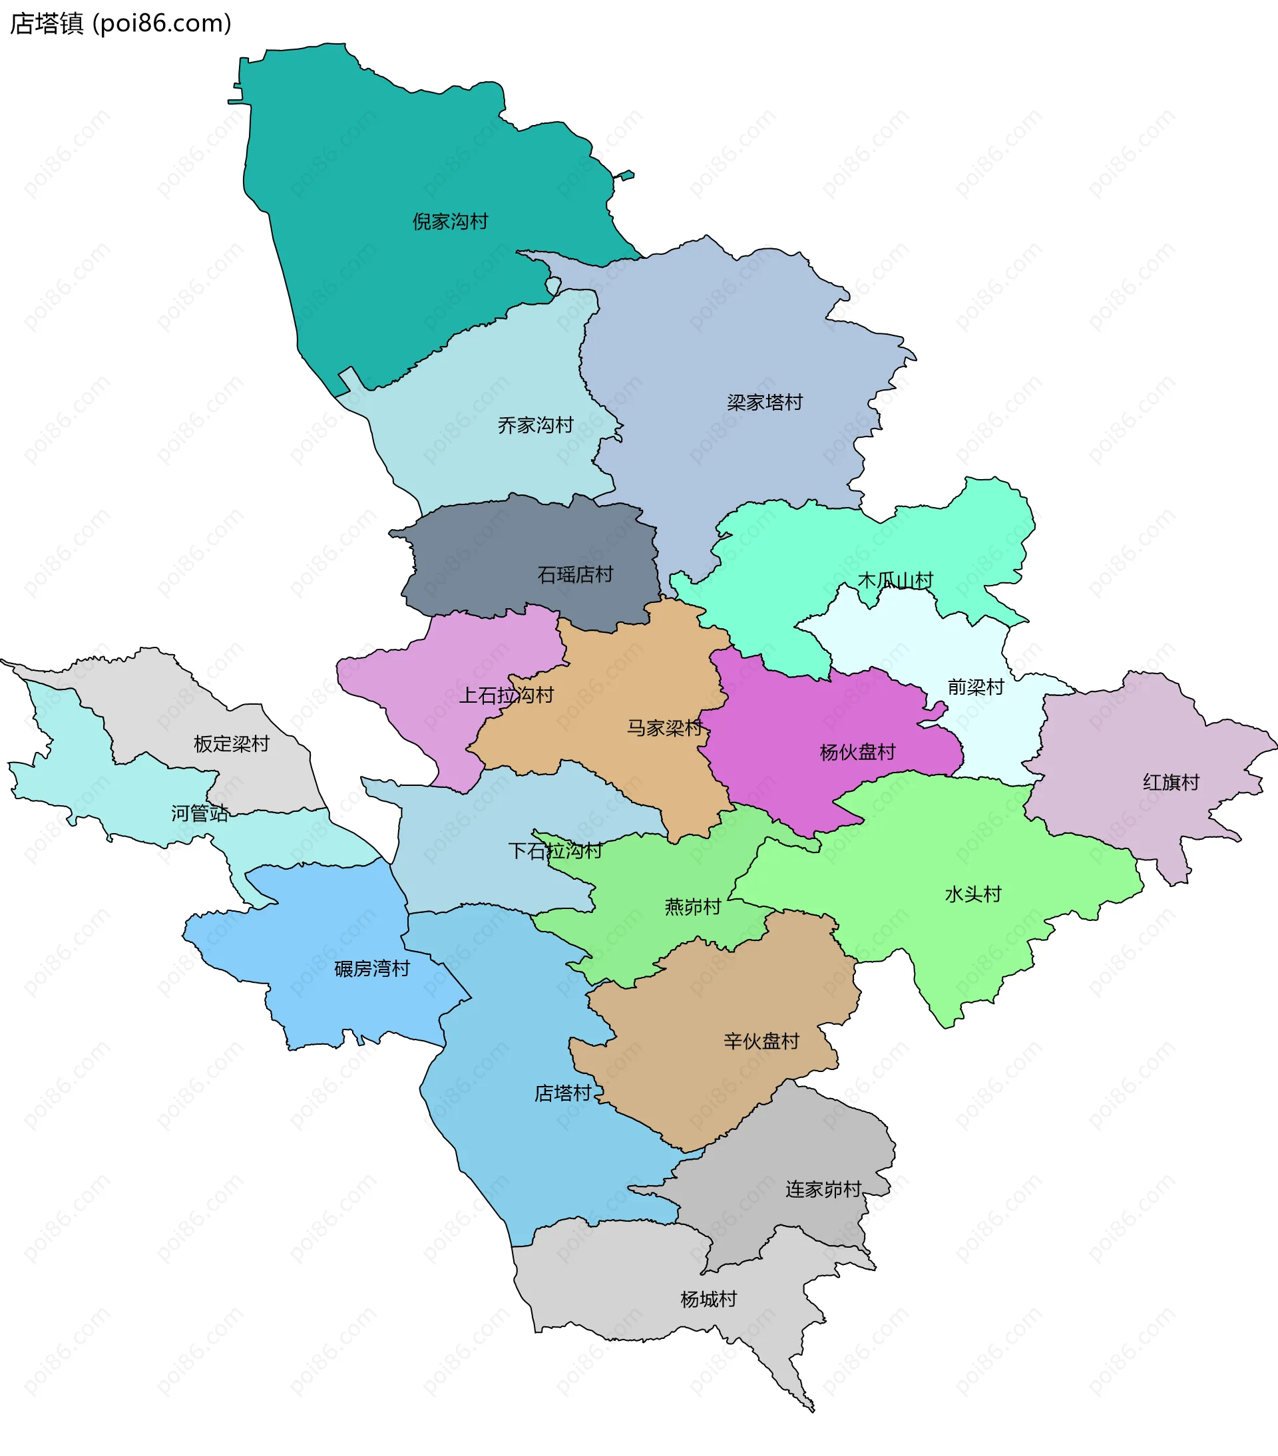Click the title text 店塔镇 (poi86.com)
[120, 23]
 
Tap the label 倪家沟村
[450, 222]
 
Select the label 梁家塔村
[764, 403]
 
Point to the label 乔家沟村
[535, 425]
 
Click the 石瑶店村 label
[575, 574]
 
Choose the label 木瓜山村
[895, 580]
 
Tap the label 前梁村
[975, 687]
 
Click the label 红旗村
[1171, 782]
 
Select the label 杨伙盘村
[857, 752]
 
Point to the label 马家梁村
[664, 727]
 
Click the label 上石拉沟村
[506, 695]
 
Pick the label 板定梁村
[232, 744]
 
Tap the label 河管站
[200, 813]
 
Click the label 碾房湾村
[372, 969]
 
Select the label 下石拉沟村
[555, 850]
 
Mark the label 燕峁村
[692, 907]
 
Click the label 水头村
[973, 894]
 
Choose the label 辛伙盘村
[761, 1041]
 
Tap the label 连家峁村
[823, 1189]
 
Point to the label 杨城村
[708, 1300]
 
